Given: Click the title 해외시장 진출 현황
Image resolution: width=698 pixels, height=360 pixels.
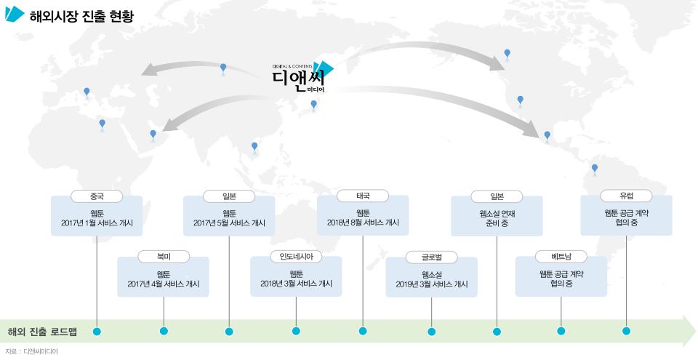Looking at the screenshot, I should click(x=81, y=16).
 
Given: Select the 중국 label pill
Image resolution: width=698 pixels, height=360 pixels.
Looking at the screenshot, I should click(x=97, y=196).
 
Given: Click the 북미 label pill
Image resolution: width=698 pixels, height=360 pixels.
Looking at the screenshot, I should click(x=164, y=257).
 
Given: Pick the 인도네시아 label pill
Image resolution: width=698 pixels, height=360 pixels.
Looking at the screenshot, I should click(x=296, y=257).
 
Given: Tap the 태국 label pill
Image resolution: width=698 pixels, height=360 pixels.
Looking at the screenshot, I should click(x=363, y=196).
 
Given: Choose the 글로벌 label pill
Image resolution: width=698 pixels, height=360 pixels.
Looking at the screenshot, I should click(x=432, y=257).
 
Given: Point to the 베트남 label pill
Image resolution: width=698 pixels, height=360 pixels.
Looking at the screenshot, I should click(x=561, y=257).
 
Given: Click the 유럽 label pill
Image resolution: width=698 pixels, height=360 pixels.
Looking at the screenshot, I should click(x=626, y=196).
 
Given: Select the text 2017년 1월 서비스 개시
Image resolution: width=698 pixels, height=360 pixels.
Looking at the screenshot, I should click(x=97, y=223).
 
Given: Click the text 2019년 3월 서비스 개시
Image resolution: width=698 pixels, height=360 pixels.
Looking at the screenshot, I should click(x=432, y=284).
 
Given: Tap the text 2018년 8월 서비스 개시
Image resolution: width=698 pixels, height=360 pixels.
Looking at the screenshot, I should click(x=363, y=223).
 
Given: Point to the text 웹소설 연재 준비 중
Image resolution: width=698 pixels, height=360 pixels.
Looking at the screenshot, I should click(x=497, y=218).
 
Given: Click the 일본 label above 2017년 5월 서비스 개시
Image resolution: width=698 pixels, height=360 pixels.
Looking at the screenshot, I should click(x=229, y=196).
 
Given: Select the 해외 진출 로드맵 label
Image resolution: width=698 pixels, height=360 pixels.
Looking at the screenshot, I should click(x=42, y=332).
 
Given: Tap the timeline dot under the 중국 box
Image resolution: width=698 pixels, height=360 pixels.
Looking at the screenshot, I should click(x=97, y=332).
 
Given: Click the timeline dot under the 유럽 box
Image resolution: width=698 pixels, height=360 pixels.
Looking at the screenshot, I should click(x=626, y=332).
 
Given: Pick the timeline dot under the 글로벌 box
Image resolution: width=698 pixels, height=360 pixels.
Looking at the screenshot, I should click(x=432, y=332).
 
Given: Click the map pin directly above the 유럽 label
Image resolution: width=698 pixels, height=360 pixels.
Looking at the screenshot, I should click(x=595, y=169).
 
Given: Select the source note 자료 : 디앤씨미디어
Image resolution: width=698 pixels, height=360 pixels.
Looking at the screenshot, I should click(x=31, y=351).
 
